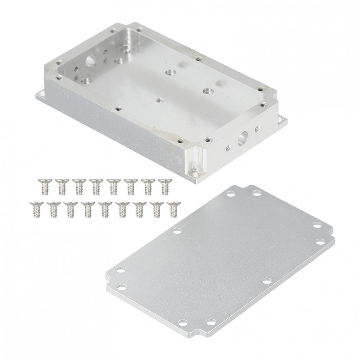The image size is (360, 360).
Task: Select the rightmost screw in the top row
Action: point(165,186)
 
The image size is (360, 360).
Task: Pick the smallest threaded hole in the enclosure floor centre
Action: point(160,100)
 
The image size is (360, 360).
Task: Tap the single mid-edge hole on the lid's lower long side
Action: point(267,281)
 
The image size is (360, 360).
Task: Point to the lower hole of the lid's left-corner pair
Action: point(122,288)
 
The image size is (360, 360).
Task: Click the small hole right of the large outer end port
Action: point(257,128)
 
